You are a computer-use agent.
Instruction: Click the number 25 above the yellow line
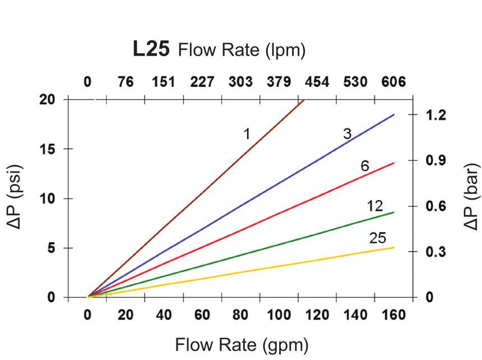[378, 238]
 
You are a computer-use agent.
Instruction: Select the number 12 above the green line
[375, 206]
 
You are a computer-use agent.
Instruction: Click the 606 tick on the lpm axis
[393, 82]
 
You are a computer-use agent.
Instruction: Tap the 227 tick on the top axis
[202, 82]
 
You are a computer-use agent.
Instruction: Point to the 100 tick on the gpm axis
[279, 315]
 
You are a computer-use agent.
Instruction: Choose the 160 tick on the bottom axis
[393, 315]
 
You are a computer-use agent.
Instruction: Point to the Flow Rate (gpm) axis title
[242, 344]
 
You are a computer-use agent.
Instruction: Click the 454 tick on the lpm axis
[317, 82]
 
